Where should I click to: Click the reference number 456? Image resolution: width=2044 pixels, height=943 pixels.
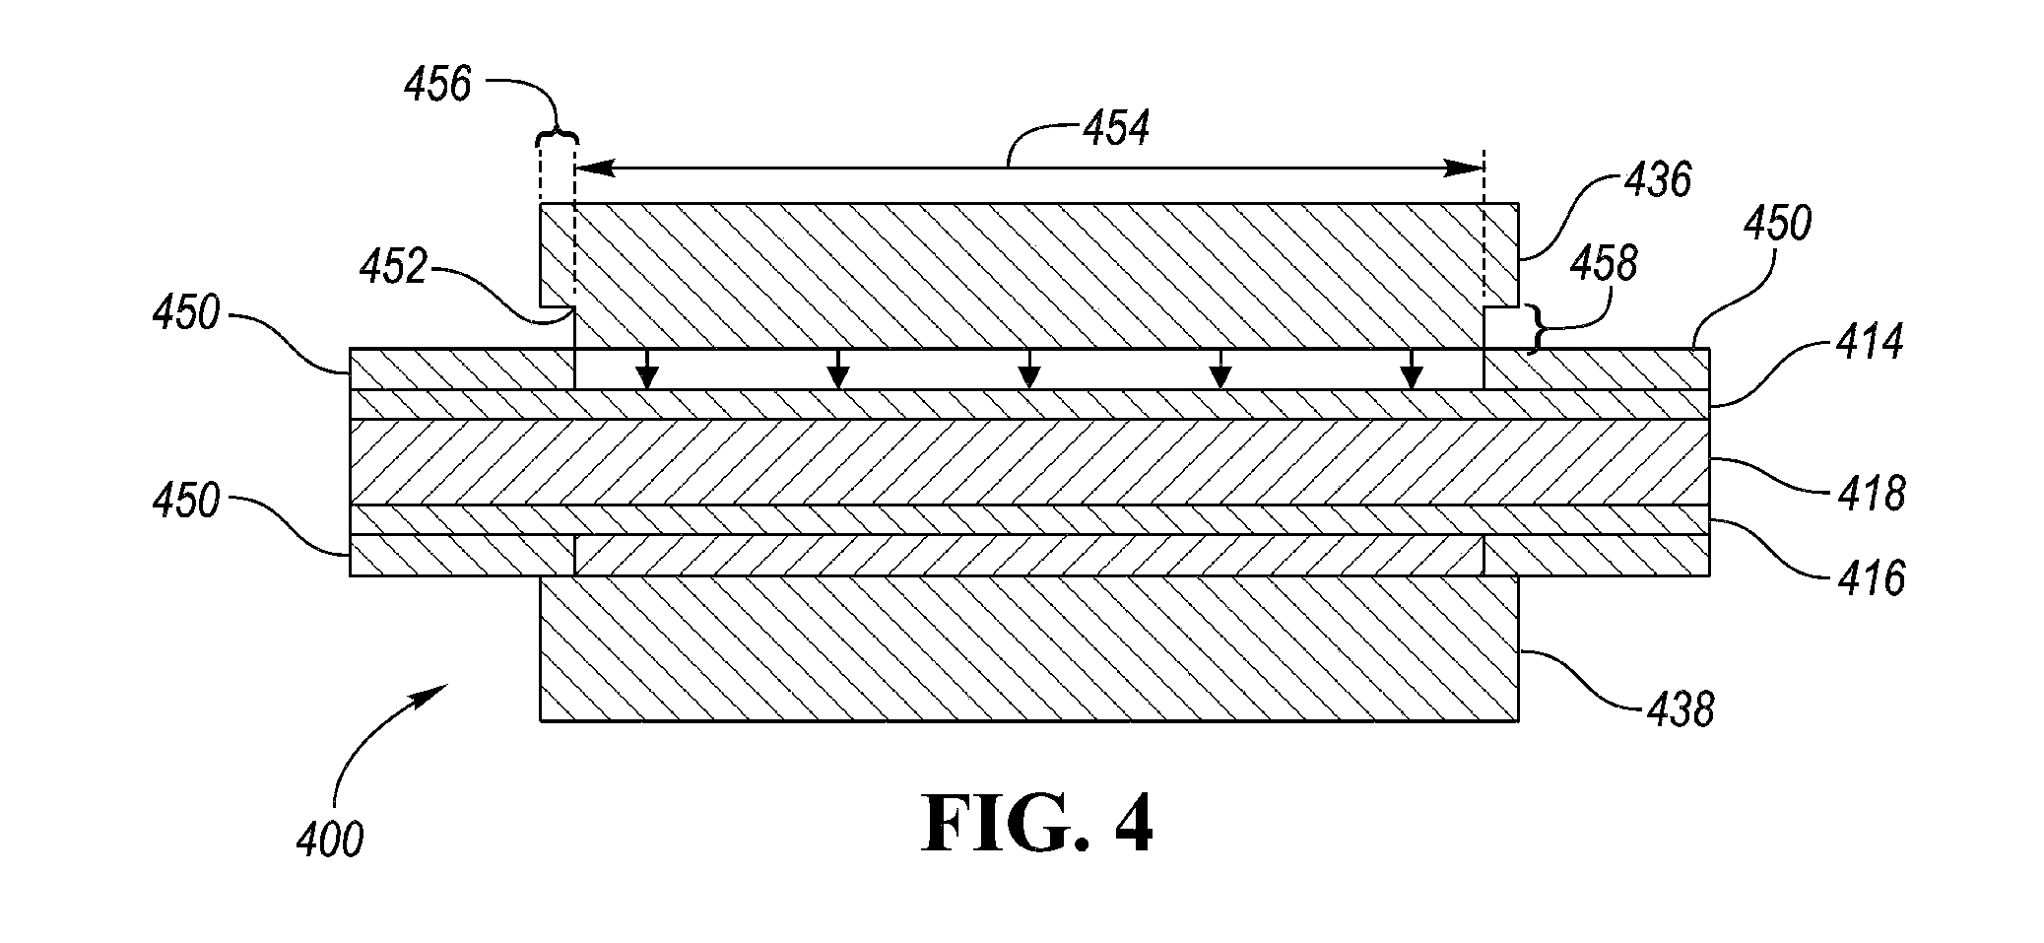437,85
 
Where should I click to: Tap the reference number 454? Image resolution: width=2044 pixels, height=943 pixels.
1116,128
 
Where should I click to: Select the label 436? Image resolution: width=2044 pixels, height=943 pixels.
1658,180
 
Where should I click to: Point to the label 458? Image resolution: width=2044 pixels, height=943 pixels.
1604,265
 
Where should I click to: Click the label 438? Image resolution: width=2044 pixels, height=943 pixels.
1681,709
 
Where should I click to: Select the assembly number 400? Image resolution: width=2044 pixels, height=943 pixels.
330,841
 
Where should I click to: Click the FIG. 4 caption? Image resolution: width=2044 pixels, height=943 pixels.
1038,824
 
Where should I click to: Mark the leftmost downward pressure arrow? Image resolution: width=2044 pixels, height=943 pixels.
646,368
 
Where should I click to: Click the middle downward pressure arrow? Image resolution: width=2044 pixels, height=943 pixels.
1029,368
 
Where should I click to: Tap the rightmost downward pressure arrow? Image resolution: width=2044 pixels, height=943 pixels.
1412,368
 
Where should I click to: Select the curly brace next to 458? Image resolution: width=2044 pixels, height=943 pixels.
1535,328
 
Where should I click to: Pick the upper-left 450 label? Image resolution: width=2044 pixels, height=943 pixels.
185,315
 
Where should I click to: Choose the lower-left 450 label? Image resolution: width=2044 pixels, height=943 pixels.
185,502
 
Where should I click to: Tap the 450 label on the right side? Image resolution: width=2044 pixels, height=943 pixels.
1777,225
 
